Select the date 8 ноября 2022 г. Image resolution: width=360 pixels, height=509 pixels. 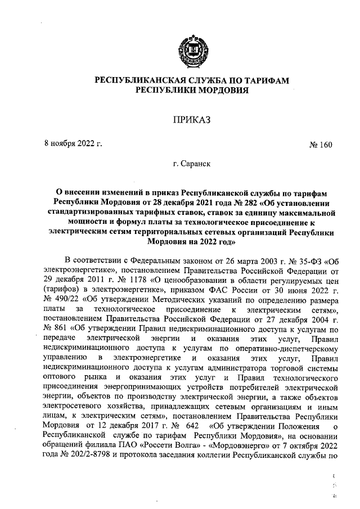(x=73, y=143)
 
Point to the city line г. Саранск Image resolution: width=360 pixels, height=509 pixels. (x=191, y=165)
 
